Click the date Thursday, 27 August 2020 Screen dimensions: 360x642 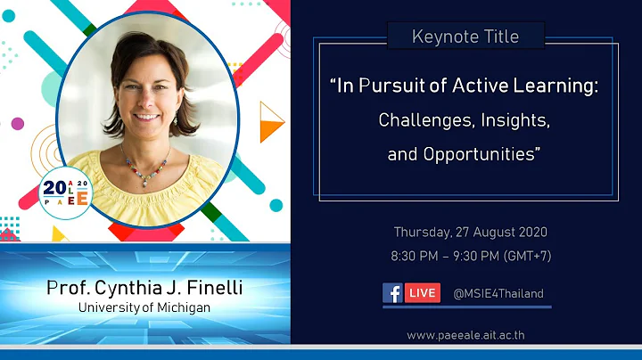470,232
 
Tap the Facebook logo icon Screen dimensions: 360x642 392,292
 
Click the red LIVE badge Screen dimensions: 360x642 423,292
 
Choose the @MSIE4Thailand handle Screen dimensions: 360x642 498,293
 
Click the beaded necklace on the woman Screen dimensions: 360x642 145,168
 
